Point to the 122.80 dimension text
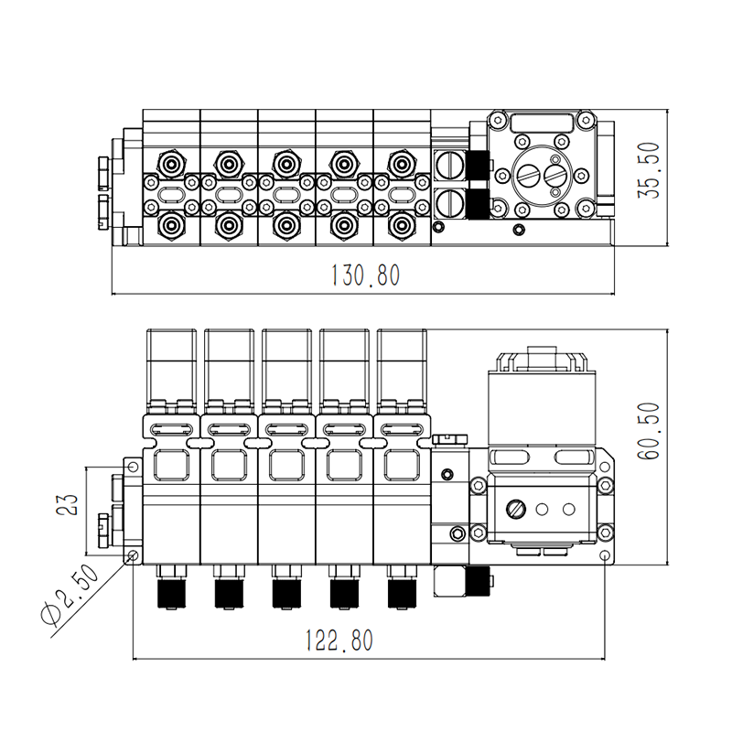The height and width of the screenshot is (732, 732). click(x=339, y=640)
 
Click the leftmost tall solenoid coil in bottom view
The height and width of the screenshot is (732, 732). click(x=171, y=366)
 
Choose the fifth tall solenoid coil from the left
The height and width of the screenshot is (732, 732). click(x=402, y=366)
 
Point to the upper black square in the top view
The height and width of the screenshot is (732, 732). click(x=478, y=166)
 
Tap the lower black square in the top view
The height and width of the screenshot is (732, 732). click(x=478, y=204)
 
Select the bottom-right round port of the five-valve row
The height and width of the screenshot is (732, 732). click(x=400, y=224)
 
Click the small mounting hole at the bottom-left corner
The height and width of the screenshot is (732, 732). click(x=133, y=556)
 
